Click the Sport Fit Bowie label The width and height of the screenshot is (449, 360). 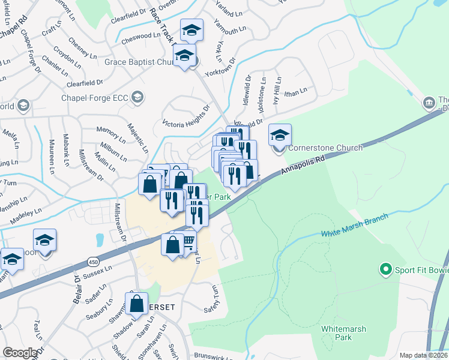point(421,269)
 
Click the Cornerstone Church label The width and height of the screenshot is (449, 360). point(326,148)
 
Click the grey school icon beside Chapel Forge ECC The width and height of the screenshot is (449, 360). point(138,97)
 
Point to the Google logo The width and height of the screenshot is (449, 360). point(20,353)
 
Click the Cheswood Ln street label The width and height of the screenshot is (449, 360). point(137,36)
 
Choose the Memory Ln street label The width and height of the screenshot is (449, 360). point(111,131)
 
